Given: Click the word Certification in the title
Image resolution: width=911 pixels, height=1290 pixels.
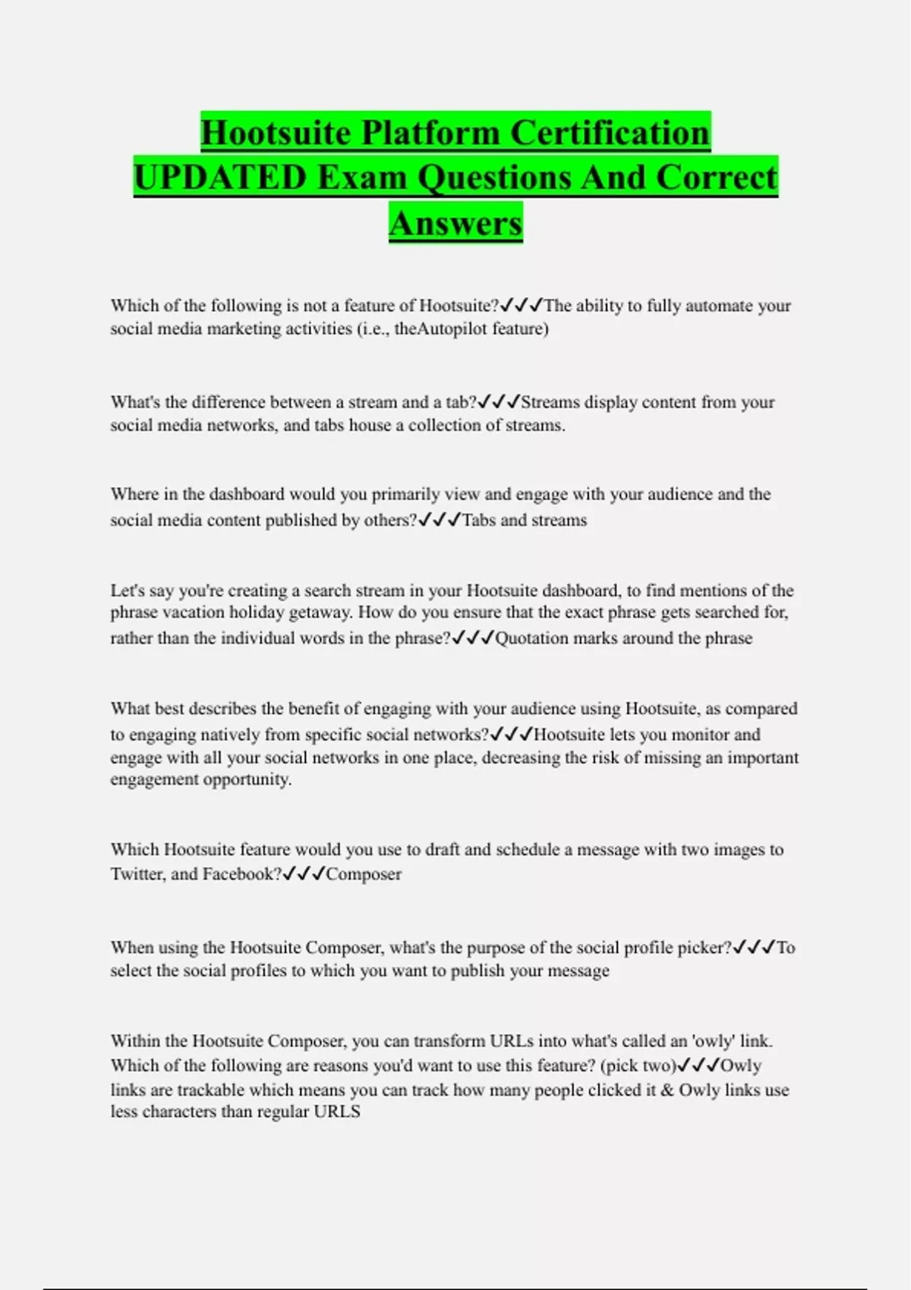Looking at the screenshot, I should [x=610, y=133].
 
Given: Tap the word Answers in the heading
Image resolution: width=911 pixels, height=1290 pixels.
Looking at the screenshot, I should [x=455, y=223].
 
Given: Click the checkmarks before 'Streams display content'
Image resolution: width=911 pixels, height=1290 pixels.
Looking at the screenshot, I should [x=499, y=401].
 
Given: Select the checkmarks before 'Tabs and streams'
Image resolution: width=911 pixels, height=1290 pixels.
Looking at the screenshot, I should [x=440, y=520].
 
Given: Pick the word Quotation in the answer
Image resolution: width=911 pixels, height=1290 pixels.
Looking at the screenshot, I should [x=531, y=638].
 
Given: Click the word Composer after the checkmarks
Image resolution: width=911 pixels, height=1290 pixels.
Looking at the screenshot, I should [x=364, y=874].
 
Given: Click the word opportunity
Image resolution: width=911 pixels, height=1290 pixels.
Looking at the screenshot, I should [x=247, y=779].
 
